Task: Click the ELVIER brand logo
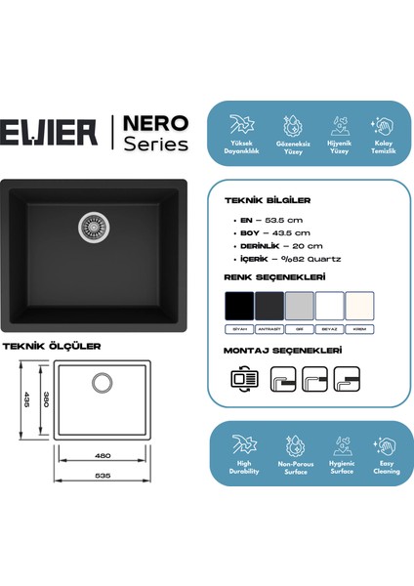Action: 53,130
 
